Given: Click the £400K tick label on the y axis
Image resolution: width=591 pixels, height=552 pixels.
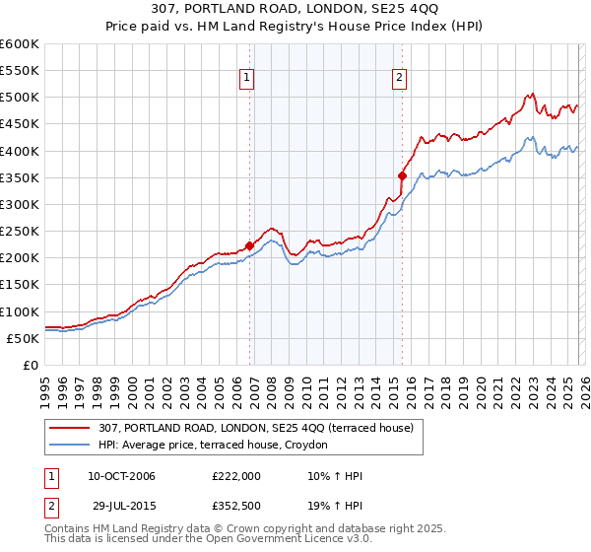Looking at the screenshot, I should (x=20, y=151).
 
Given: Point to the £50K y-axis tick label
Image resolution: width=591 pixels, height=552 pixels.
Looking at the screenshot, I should (x=23, y=338).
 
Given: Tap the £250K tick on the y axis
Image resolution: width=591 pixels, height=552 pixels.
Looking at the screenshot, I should (x=20, y=231).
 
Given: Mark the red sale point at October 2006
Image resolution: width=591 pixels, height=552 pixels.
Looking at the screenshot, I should (x=250, y=246).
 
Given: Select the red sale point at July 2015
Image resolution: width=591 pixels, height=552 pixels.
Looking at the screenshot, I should (x=403, y=176).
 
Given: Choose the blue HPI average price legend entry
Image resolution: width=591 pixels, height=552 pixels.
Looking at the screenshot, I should (x=218, y=445).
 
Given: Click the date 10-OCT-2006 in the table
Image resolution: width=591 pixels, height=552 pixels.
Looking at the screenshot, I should (x=121, y=477).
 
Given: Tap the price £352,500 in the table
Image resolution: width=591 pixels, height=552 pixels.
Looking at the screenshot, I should (x=235, y=506).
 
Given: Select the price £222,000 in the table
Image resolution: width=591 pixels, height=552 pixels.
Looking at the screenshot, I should (x=235, y=477).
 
